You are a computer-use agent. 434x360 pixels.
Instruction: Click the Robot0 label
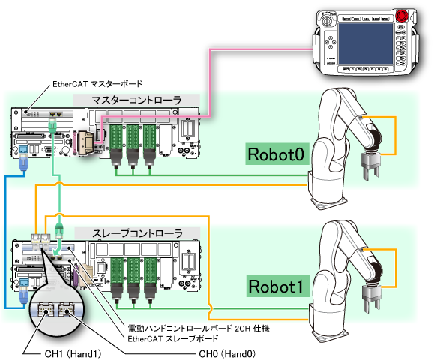click(277, 154)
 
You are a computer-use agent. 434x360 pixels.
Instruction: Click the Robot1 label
click(277, 286)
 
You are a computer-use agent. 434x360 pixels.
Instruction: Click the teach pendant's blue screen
click(365, 44)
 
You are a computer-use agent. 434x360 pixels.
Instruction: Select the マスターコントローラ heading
click(136, 100)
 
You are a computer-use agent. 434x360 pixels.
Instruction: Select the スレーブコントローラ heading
click(137, 233)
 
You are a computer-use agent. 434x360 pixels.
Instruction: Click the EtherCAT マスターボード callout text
click(97, 84)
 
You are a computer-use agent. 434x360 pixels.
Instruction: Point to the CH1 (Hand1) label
click(73, 354)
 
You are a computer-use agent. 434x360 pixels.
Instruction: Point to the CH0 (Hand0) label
click(227, 354)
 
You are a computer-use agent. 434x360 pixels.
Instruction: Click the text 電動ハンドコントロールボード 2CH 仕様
click(199, 328)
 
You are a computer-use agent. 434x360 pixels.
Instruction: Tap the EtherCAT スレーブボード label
click(172, 338)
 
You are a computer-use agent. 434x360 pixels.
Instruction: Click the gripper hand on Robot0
click(371, 166)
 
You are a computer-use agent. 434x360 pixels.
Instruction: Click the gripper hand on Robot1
click(372, 298)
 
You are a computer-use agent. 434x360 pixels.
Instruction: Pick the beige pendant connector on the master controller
click(85, 142)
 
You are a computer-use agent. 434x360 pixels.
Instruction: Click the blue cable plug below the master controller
click(23, 163)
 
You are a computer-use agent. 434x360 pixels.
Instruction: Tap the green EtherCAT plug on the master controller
click(52, 126)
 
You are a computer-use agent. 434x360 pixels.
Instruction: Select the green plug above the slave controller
click(59, 230)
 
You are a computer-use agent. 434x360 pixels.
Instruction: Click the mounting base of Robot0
click(328, 202)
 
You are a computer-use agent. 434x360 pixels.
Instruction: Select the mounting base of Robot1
click(328, 335)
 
